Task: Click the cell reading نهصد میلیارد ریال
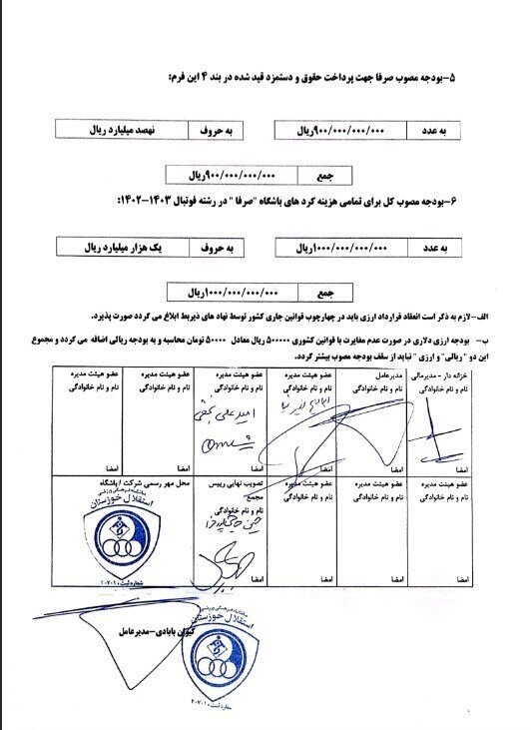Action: tap(110, 131)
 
